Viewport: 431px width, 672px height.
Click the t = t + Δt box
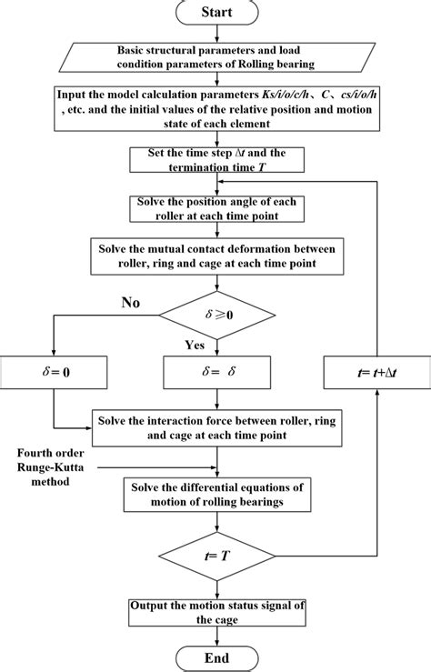376,371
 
